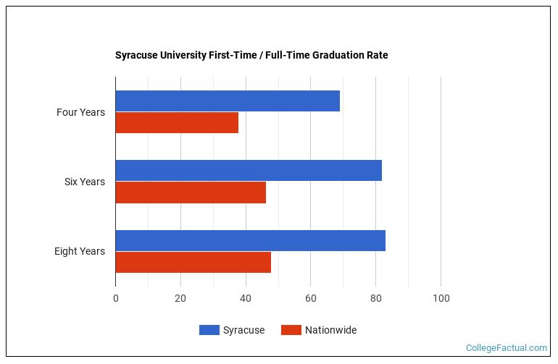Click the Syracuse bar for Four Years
click(x=228, y=101)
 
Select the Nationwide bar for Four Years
click(x=177, y=123)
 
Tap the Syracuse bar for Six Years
click(x=249, y=171)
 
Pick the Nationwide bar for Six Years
click(x=191, y=192)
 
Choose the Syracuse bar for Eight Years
click(x=250, y=240)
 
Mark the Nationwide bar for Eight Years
click(x=193, y=262)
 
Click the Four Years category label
click(x=80, y=112)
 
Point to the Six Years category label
click(x=84, y=182)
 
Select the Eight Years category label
click(x=79, y=251)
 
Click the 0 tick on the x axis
click(x=115, y=298)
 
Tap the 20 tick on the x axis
click(x=180, y=298)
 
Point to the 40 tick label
click(x=246, y=298)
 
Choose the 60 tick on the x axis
click(x=310, y=298)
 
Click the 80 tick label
click(x=375, y=298)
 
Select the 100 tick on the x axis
click(x=441, y=298)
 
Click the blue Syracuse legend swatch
click(x=209, y=330)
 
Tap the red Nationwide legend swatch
click(x=291, y=330)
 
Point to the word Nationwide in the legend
click(x=330, y=330)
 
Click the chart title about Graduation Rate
click(x=251, y=55)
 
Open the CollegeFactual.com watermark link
click(x=507, y=348)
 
